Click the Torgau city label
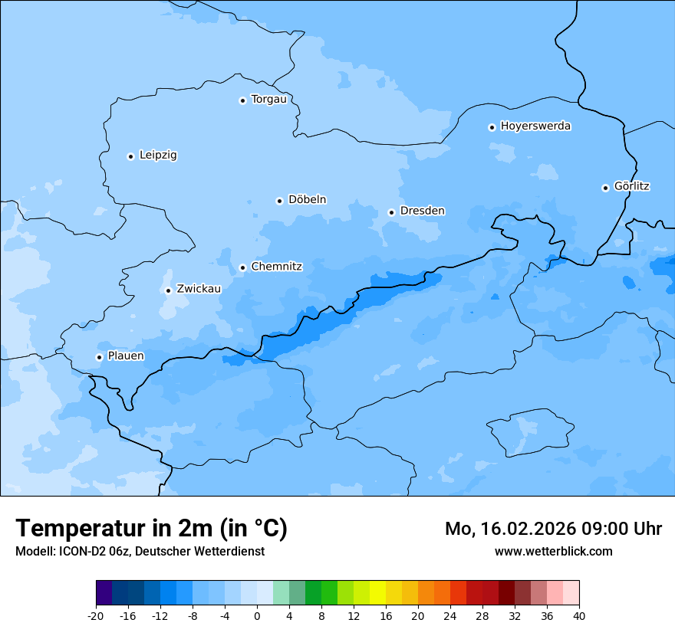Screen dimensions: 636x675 pos(268,100)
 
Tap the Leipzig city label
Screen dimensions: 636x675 pos(158,156)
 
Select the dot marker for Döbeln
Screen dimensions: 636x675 pos(279,201)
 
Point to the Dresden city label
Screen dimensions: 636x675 pos(422,211)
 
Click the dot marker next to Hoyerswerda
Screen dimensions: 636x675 pos(492,127)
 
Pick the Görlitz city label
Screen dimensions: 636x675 pos(632,186)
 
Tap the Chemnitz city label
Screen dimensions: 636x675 pos(276,267)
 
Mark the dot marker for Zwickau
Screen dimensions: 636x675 pos(168,290)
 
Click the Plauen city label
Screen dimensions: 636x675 pos(126,356)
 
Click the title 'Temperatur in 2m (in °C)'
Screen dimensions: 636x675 pos(151,529)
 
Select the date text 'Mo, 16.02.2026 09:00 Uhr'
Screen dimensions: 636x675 pos(553,529)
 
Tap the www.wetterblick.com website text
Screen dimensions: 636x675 pos(553,551)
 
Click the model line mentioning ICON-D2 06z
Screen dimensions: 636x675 pos(140,551)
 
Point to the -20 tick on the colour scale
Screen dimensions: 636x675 pos(96,615)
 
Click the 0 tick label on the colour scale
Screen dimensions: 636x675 pos(257,615)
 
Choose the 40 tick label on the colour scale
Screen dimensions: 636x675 pos(579,615)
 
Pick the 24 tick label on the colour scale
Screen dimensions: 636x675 pos(450,615)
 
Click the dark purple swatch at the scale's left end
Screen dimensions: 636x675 pos(104,593)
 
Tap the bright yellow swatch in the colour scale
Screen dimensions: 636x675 pos(377,593)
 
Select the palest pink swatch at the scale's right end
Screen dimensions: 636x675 pos(571,593)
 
